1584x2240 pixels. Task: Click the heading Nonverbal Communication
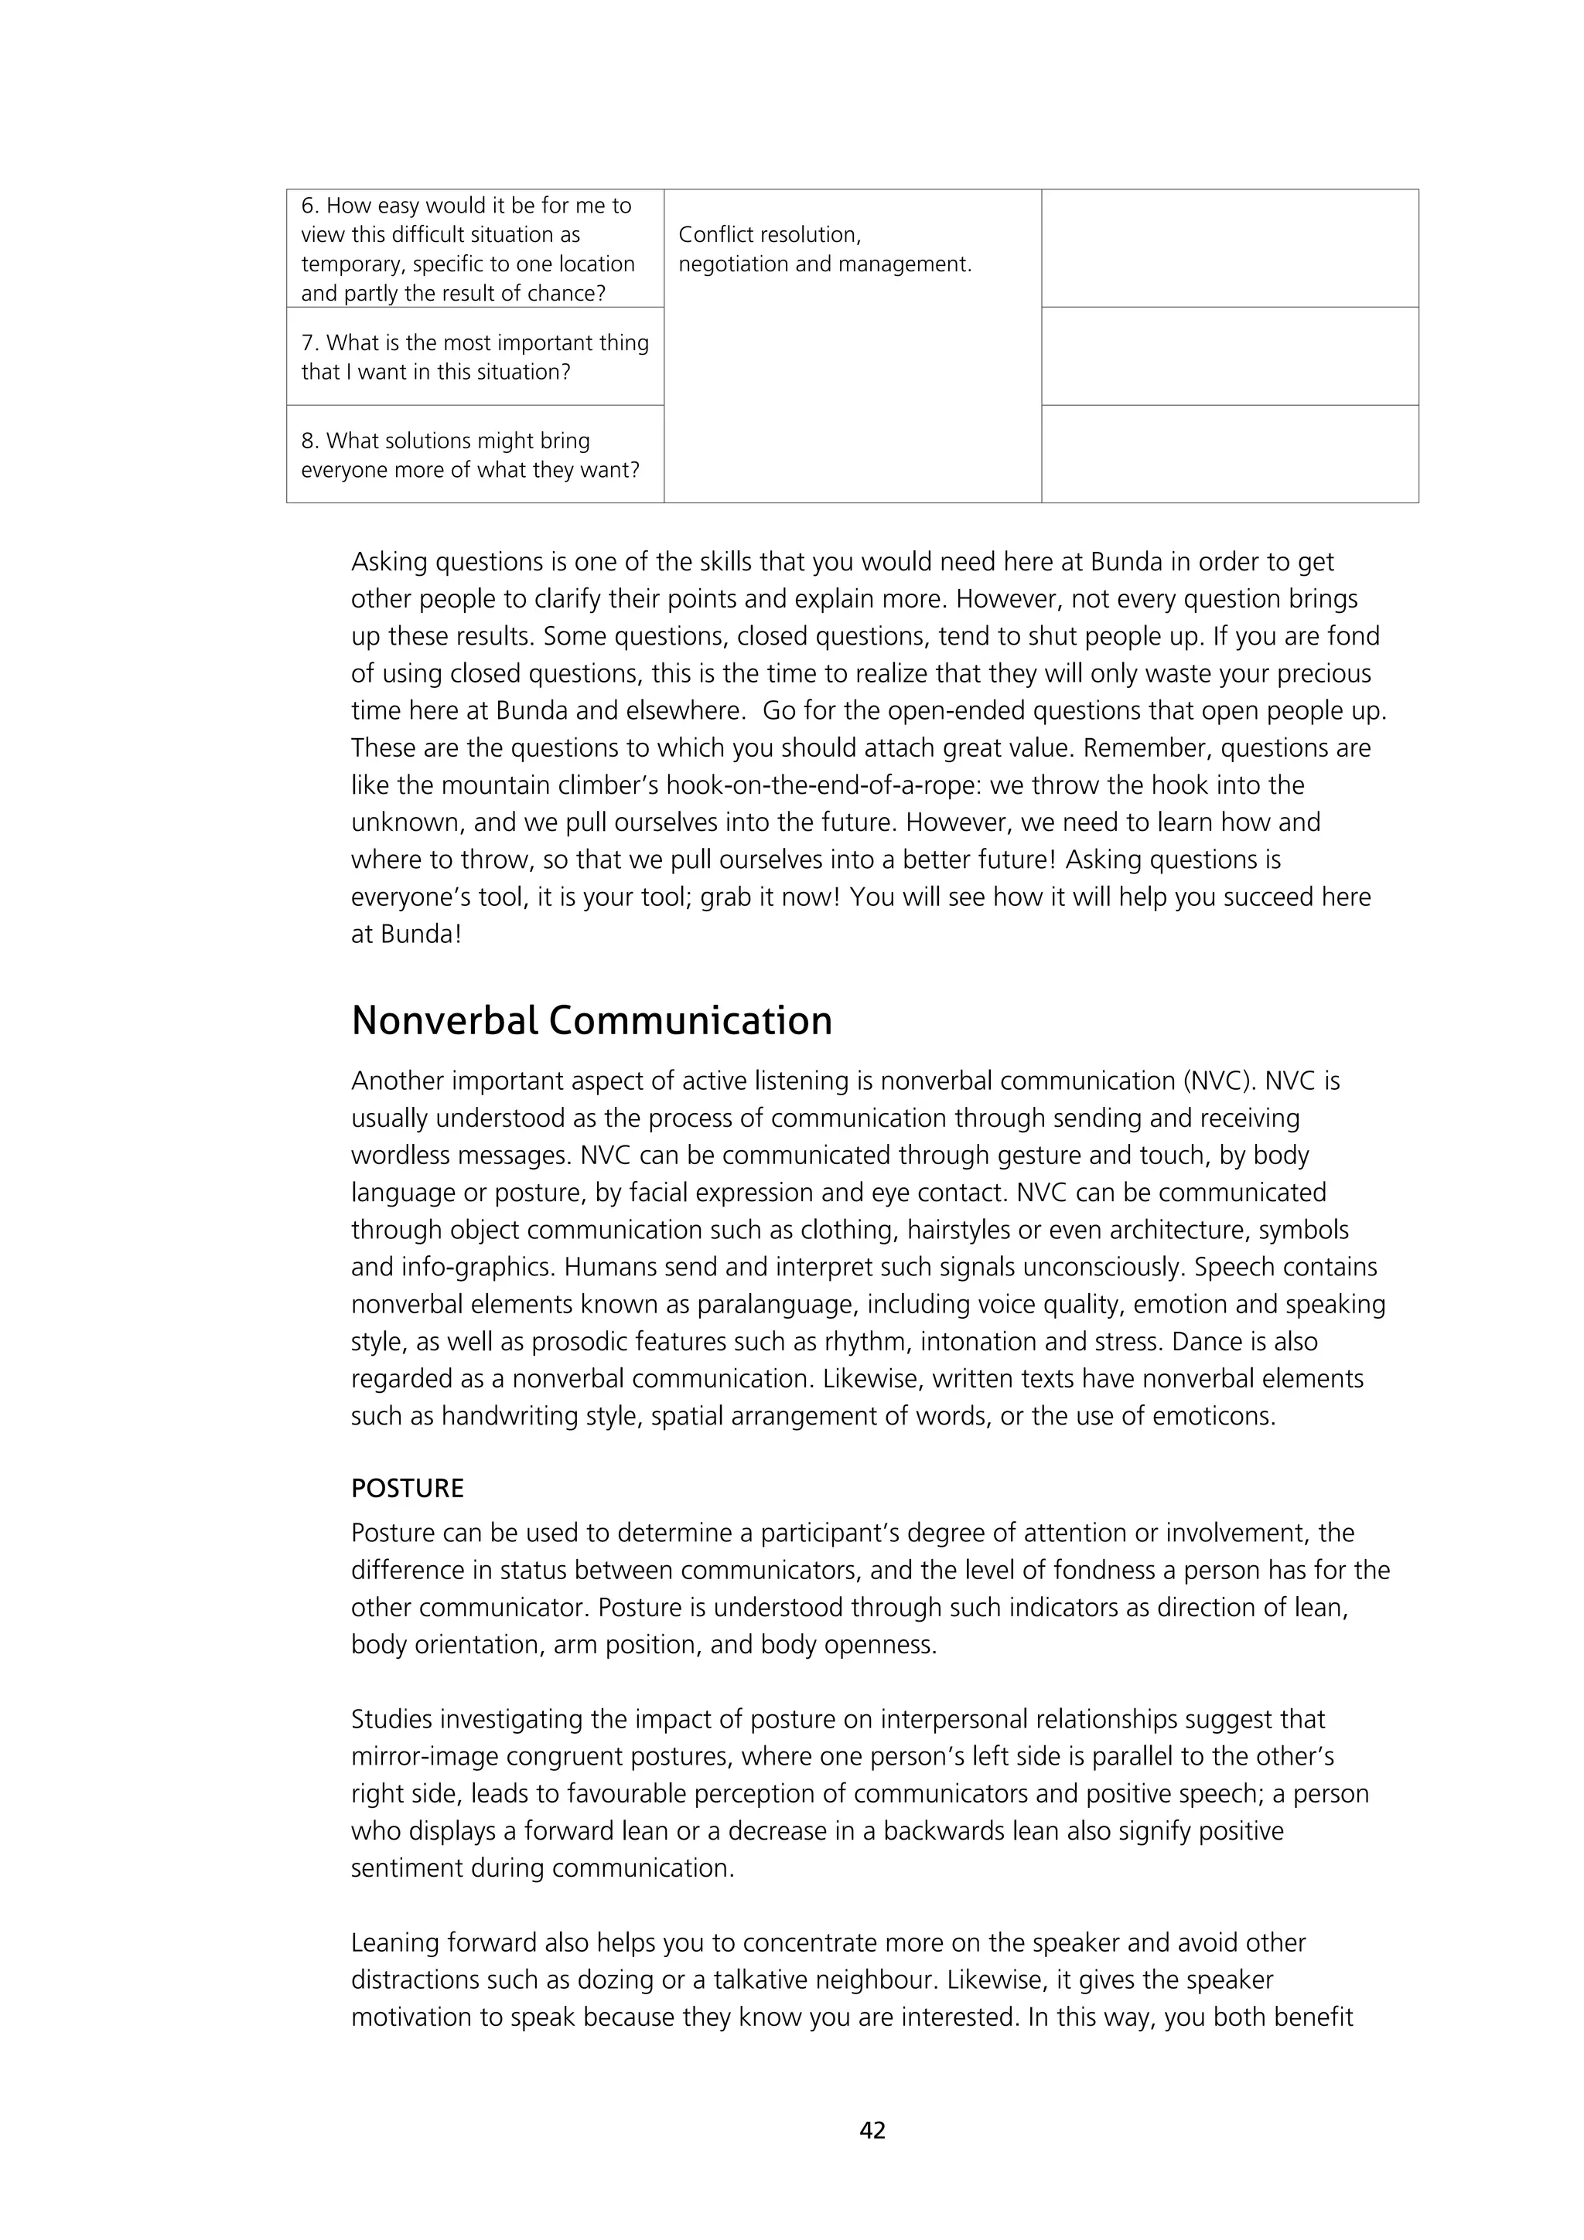coord(592,1020)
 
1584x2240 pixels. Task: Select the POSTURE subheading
coord(407,1488)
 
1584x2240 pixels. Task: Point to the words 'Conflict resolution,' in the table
coord(769,234)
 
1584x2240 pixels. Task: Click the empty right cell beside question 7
coord(1229,357)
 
